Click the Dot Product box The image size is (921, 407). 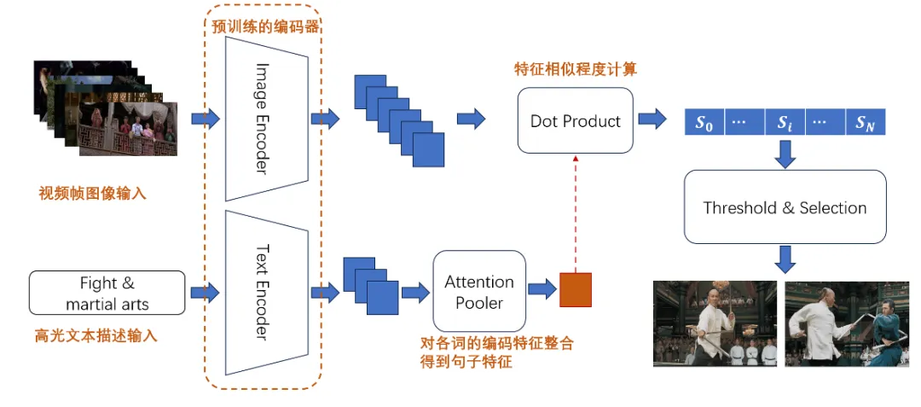(576, 120)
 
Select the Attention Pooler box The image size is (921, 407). (479, 291)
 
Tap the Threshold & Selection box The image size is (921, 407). (785, 207)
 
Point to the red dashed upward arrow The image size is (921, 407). (576, 213)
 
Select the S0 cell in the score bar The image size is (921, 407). (704, 123)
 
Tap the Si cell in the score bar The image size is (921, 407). (785, 123)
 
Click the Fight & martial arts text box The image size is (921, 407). (107, 293)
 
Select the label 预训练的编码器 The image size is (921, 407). (266, 26)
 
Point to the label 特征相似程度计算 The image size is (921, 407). (576, 69)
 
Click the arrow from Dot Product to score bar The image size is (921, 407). (653, 119)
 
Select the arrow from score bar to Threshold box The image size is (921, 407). (785, 152)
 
